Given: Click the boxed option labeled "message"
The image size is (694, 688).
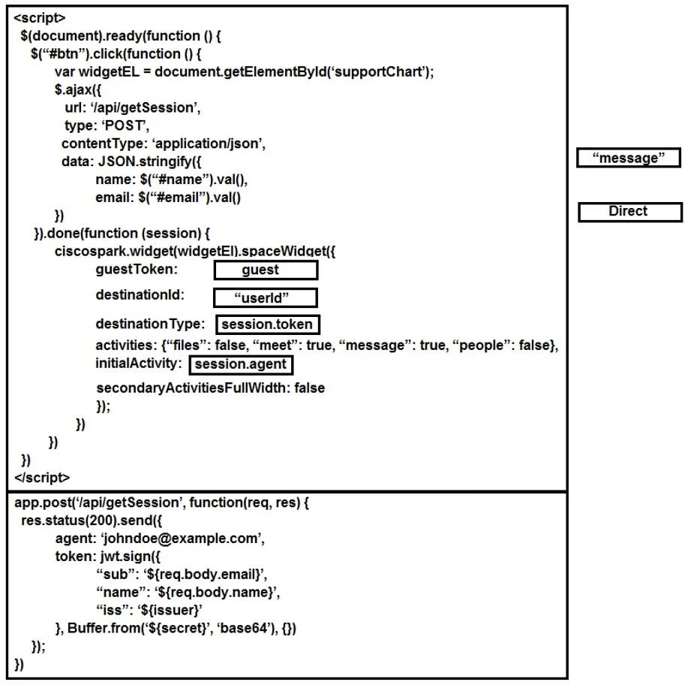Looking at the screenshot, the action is pos(628,158).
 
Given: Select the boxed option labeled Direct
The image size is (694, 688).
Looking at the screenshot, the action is pos(629,212).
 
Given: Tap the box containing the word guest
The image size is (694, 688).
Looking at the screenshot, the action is pos(266,270).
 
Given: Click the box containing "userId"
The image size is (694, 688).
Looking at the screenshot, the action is pos(266,297).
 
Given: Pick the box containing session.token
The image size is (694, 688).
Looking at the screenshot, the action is pos(268,324).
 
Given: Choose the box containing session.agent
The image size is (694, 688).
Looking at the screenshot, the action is pos(242,364).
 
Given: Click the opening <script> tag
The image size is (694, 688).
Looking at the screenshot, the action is pos(40,18).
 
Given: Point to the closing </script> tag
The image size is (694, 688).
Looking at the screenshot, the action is pos(42,478).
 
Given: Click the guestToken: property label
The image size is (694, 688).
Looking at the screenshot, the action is pos(137,270).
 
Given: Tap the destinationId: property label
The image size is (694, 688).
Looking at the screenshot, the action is pos(140,295).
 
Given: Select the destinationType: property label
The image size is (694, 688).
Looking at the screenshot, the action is pos(150,324).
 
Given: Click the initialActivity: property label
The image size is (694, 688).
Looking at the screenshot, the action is pos(139,364).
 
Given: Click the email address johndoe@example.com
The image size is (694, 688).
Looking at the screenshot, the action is pos(182,539).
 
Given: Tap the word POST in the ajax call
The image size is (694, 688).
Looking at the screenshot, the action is pos(125,126).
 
